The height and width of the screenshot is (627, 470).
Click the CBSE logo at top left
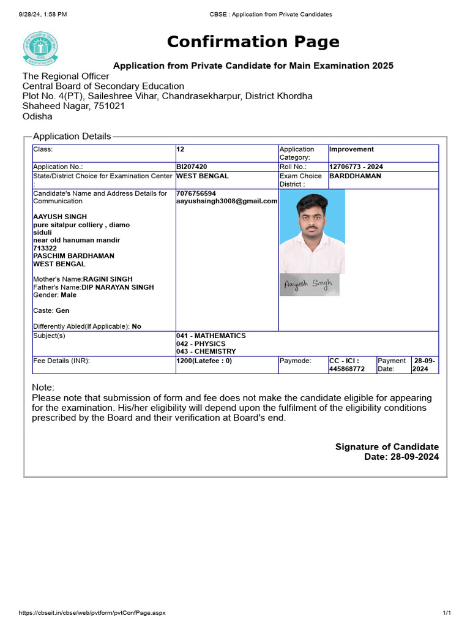pyautogui.click(x=41, y=48)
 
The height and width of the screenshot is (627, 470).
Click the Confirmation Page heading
pyautogui.click(x=253, y=42)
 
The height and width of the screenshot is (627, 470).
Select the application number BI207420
pyautogui.click(x=192, y=167)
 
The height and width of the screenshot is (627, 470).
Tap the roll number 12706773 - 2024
pyautogui.click(x=356, y=167)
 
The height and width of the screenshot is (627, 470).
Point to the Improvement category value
pyautogui.click(x=351, y=149)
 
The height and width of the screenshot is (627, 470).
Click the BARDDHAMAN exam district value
pyautogui.click(x=355, y=176)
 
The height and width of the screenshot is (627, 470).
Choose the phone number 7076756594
pyautogui.click(x=196, y=193)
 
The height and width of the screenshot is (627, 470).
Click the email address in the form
pyautogui.click(x=226, y=201)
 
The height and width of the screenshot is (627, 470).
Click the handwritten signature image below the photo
pyautogui.click(x=309, y=285)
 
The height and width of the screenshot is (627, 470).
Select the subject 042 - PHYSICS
pyautogui.click(x=201, y=344)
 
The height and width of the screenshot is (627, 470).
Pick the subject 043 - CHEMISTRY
pyautogui.click(x=206, y=352)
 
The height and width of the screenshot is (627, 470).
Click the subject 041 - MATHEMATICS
pyautogui.click(x=211, y=336)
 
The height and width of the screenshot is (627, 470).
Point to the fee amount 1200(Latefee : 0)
pyautogui.click(x=204, y=361)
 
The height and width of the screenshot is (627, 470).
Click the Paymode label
pyautogui.click(x=295, y=361)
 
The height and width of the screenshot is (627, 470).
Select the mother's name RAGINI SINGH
pyautogui.click(x=108, y=279)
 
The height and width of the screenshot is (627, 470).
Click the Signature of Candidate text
pyautogui.click(x=387, y=447)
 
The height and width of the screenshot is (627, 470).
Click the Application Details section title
pyautogui.click(x=72, y=137)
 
